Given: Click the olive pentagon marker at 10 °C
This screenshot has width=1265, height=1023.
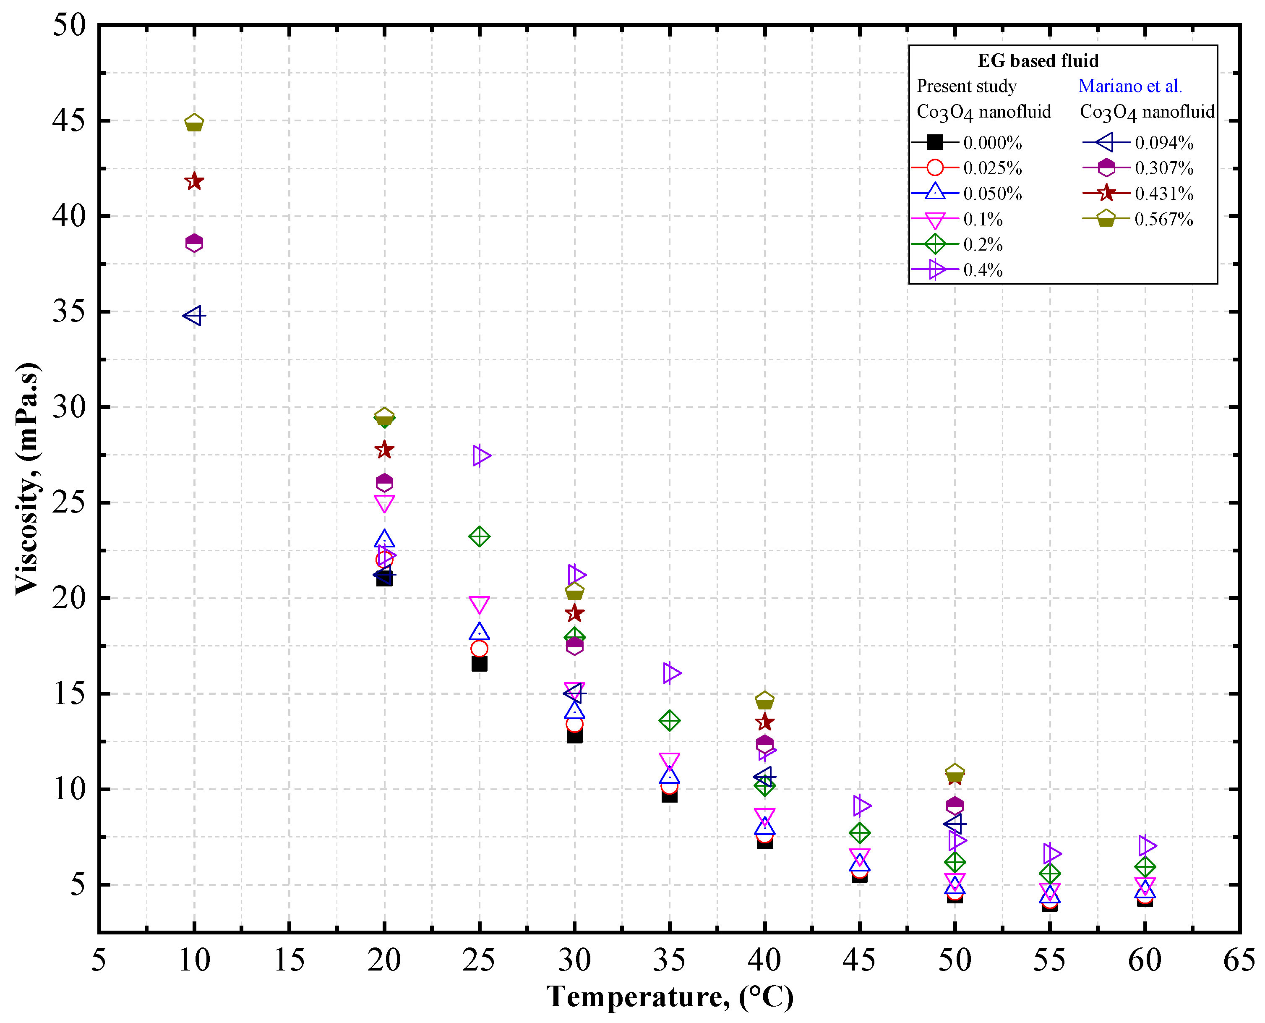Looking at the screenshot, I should [x=194, y=123].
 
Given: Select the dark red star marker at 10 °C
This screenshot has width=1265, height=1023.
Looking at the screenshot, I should [x=194, y=181].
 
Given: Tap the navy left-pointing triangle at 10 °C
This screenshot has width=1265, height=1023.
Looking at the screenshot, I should [x=194, y=315].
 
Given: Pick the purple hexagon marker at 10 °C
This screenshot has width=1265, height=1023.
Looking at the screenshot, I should [x=194, y=243].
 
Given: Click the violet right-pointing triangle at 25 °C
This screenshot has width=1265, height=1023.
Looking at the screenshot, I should [x=480, y=455].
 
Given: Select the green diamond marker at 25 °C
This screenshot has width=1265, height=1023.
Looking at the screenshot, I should [x=480, y=536].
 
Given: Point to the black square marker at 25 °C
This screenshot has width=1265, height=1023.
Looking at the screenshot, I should [x=480, y=664].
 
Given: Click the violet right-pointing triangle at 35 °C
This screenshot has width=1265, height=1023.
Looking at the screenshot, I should [x=671, y=672].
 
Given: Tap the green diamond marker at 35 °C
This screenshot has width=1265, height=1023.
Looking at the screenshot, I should [x=670, y=720].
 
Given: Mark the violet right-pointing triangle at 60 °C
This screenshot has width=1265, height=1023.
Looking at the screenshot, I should [x=1146, y=845].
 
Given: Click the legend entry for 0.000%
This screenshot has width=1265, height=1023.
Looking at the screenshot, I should [x=966, y=143].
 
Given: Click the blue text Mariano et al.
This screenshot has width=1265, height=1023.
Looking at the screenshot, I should [x=1129, y=86].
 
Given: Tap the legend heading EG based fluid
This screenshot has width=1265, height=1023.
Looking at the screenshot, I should [x=1038, y=61].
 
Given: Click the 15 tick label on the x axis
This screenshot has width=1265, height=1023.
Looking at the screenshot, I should [x=289, y=960].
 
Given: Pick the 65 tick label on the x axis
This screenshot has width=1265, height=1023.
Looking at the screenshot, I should [x=1239, y=960].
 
